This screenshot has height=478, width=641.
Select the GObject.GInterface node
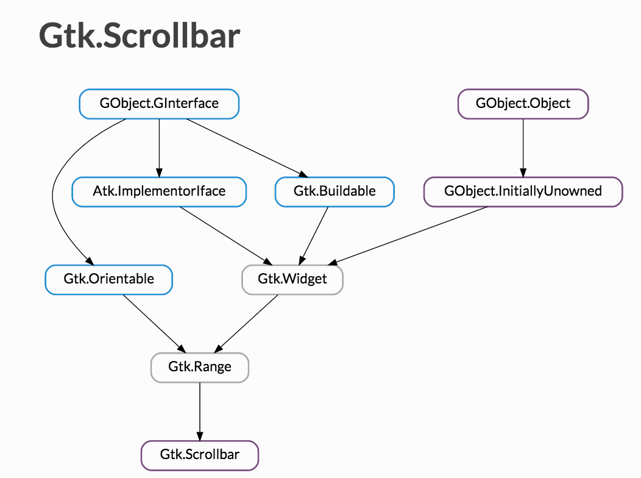coord(159,103)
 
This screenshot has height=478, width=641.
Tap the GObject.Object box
coord(523,103)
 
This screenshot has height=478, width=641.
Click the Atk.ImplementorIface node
coord(159,191)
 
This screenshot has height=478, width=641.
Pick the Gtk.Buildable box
coord(335,191)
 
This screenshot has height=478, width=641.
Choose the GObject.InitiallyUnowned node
coord(523,191)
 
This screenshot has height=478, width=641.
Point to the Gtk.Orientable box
coord(108,279)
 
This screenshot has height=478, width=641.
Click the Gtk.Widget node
coord(292,279)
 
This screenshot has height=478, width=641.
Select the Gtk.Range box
coord(200,367)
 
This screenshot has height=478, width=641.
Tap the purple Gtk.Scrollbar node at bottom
coord(200,455)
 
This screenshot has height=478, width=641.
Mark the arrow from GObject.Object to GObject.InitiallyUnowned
coord(523,146)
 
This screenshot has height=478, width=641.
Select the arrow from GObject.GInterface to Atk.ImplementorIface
coord(159,146)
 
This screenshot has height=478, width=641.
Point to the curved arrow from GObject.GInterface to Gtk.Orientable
coord(54,195)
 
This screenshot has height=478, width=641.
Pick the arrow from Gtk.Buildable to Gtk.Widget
coord(316,235)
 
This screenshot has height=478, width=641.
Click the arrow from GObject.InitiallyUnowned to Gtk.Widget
coord(408,235)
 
